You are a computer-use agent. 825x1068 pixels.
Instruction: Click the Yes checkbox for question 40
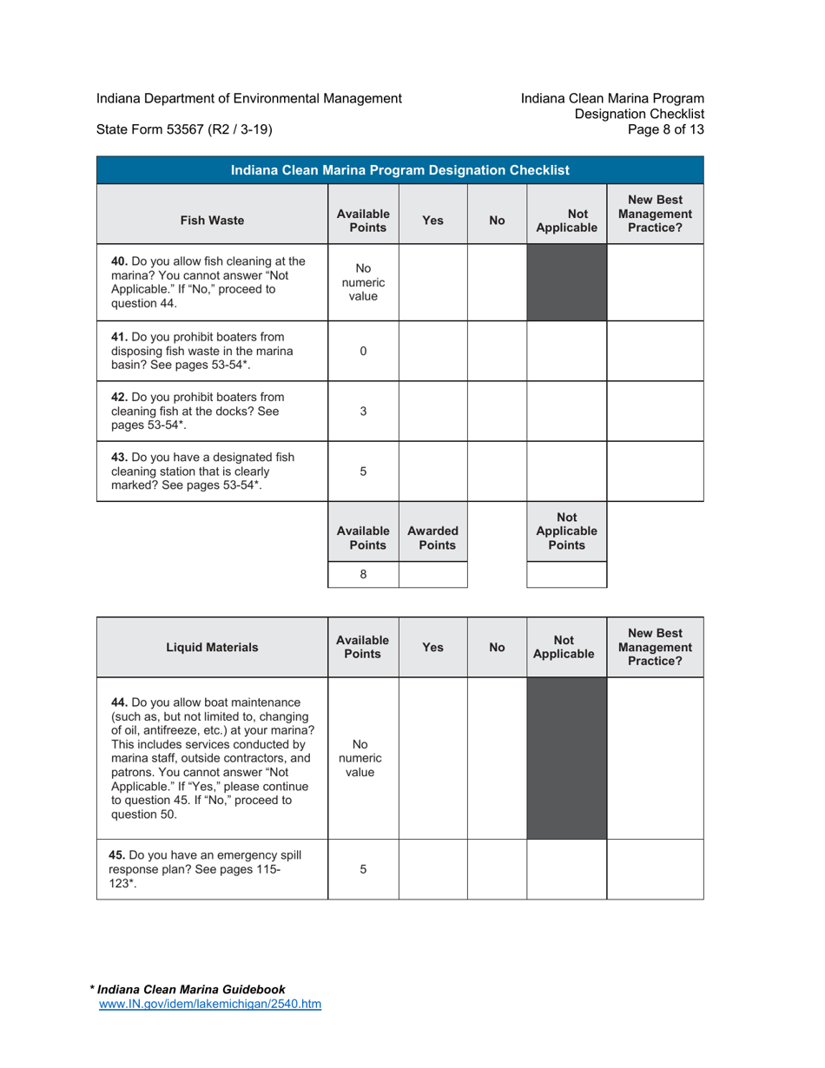point(432,282)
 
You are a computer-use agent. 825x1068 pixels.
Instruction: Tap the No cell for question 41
point(497,351)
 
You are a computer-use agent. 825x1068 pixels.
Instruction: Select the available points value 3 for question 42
point(363,412)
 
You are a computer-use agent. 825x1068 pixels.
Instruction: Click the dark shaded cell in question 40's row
point(566,282)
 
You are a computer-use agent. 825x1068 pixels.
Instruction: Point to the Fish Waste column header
point(212,221)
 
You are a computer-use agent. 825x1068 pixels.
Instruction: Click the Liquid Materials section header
point(212,647)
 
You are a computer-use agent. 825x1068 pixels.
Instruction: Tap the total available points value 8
point(363,574)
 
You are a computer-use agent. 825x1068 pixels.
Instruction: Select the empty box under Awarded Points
point(432,574)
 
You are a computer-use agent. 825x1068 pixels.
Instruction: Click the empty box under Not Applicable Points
point(566,574)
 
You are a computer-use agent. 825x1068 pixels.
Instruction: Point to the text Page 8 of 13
point(670,130)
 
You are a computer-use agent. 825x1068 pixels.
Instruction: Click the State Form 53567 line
point(184,130)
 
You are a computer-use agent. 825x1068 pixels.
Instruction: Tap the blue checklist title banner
point(399,170)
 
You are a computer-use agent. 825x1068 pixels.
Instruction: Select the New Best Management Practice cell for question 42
point(655,412)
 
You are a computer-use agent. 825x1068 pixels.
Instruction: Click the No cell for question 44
point(497,758)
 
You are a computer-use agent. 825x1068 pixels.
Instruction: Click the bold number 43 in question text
point(120,457)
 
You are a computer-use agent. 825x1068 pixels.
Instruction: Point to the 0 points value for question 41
point(363,351)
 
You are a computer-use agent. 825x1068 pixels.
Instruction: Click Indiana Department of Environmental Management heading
point(248,98)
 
